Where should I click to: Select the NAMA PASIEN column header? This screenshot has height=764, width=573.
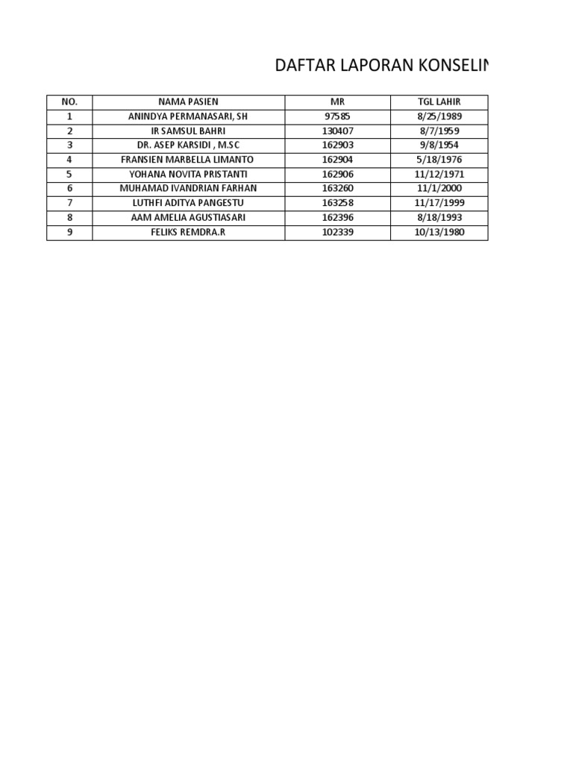click(x=188, y=102)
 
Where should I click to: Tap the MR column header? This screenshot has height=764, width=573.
click(x=337, y=102)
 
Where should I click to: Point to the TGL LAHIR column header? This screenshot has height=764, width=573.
click(x=439, y=102)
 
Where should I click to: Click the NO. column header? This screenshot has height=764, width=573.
click(x=69, y=102)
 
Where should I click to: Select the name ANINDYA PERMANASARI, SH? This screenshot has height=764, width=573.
click(x=188, y=116)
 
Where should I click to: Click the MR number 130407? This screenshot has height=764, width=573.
click(x=337, y=131)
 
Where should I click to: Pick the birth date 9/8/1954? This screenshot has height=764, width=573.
click(x=439, y=145)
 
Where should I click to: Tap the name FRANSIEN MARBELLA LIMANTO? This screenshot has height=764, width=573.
click(x=188, y=160)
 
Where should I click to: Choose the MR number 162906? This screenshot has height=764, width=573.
click(x=337, y=175)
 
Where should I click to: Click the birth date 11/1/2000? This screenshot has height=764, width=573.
click(x=439, y=189)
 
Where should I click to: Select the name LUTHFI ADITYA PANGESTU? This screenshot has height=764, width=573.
click(x=188, y=204)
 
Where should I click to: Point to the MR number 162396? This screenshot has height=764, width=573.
click(x=337, y=218)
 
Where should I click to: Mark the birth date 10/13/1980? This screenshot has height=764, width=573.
click(x=439, y=233)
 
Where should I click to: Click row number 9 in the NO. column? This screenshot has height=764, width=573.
click(x=69, y=233)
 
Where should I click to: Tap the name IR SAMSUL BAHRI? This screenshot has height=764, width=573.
click(x=188, y=131)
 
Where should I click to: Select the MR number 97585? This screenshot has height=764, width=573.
click(x=337, y=116)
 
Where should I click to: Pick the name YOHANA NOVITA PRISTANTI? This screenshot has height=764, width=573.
click(x=188, y=175)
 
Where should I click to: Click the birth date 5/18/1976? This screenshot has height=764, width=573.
click(x=439, y=160)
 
